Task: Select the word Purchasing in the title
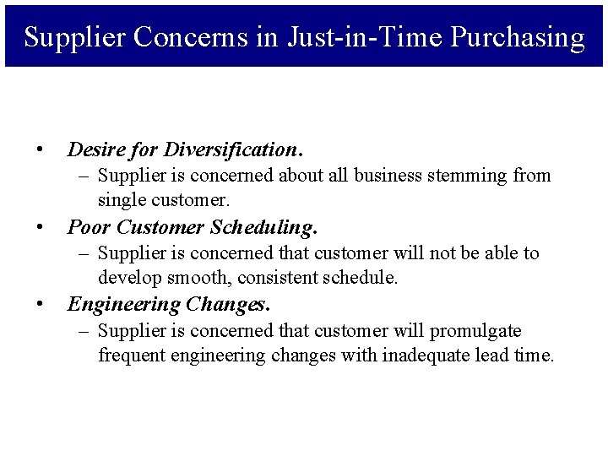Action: (517, 38)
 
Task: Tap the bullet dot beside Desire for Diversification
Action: (40, 150)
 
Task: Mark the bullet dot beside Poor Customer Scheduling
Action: (40, 227)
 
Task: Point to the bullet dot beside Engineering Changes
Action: (40, 304)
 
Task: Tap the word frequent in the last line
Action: (132, 356)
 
